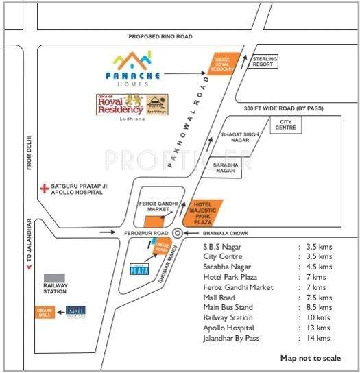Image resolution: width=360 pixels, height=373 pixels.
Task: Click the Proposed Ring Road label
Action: [158, 36]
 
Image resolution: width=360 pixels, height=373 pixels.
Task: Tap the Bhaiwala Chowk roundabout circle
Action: [178, 233]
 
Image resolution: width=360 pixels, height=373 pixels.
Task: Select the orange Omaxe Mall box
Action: [45, 312]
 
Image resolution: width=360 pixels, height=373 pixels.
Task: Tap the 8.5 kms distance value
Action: [320, 307]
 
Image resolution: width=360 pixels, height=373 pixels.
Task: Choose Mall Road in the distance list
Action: [220, 298]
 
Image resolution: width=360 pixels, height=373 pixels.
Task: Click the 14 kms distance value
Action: [320, 338]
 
